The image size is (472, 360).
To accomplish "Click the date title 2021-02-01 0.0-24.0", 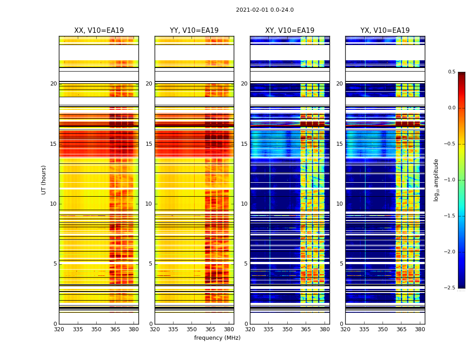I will point(265,10).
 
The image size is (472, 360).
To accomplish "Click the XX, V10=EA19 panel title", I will point(99,31).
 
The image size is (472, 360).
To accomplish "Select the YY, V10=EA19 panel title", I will point(194,31).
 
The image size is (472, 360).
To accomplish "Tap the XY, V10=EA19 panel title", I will point(289,31).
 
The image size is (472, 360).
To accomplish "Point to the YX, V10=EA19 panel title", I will point(385,31).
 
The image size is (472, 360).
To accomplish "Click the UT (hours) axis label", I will point(44,180).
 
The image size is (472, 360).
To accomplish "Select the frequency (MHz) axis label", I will point(217,338).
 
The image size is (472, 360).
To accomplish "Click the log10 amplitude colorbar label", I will point(436,180).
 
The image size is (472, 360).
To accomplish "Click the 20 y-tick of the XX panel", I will point(54,84).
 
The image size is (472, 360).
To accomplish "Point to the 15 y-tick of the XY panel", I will point(244,144).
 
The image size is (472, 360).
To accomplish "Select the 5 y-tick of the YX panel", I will point(341,264).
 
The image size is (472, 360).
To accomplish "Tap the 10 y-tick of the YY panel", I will point(149,204).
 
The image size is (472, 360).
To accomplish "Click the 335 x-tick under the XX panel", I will point(78,329).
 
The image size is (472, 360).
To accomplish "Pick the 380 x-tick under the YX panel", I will point(420,329).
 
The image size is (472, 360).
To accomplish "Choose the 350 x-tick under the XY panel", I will point(287,329).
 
